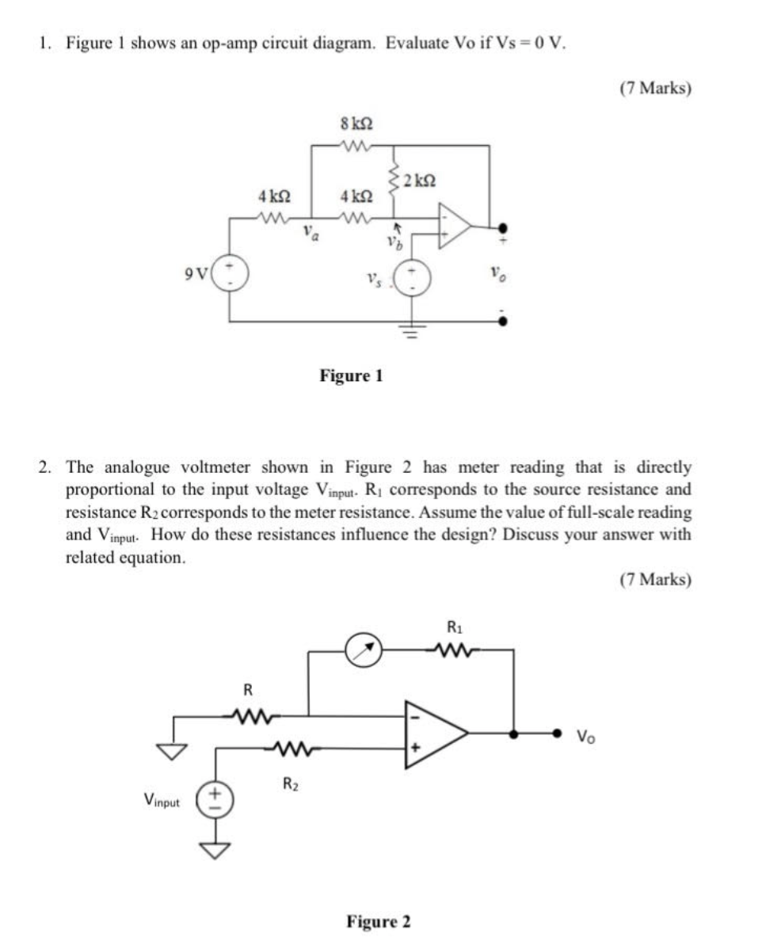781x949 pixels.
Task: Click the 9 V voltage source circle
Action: click(x=232, y=274)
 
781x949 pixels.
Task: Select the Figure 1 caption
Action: click(x=351, y=375)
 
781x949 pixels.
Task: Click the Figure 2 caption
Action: click(x=379, y=922)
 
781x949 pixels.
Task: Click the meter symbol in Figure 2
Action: click(x=364, y=651)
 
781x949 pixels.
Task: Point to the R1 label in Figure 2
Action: click(x=455, y=627)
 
